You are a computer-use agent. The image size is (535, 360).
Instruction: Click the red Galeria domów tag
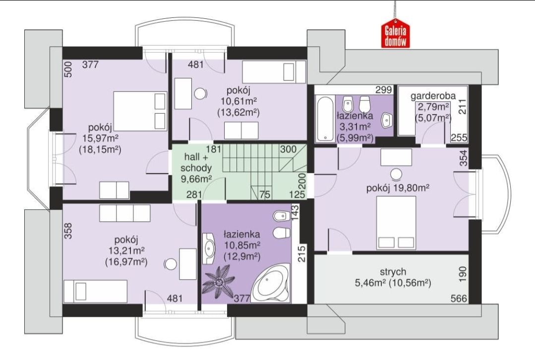[396, 36]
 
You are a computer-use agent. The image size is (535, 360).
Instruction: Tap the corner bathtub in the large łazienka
[271, 283]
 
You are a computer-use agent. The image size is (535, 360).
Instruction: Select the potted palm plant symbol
[218, 282]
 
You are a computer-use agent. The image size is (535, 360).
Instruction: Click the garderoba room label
[433, 96]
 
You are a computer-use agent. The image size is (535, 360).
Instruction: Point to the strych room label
[393, 272]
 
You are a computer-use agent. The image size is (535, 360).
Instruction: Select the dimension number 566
[459, 298]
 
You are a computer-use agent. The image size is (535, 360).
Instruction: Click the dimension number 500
[68, 69]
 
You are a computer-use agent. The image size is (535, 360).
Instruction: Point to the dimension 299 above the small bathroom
[383, 90]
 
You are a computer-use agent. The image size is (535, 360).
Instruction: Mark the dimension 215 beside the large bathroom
[301, 253]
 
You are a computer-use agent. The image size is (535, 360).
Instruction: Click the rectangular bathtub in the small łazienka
[325, 119]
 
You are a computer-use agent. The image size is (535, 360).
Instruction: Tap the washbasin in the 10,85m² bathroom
[208, 248]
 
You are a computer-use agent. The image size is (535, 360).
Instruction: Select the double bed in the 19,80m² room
[396, 223]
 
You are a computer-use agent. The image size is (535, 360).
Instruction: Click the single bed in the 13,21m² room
[96, 291]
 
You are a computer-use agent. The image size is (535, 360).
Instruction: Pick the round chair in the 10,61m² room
[200, 93]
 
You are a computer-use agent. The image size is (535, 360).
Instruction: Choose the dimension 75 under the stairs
[265, 194]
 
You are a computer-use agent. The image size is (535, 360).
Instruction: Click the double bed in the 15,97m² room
[140, 111]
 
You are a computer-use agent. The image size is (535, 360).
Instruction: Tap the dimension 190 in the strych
[462, 274]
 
